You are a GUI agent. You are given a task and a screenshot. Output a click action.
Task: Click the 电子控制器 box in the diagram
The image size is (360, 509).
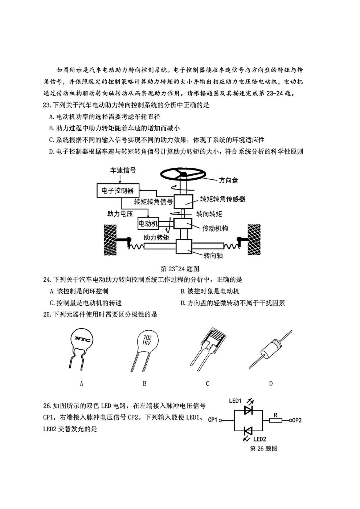pyautogui.click(x=118, y=190)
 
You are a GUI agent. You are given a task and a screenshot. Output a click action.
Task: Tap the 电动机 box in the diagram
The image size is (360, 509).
pyautogui.click(x=148, y=224)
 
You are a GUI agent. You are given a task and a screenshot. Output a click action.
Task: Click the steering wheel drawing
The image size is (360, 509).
pyautogui.click(x=183, y=175)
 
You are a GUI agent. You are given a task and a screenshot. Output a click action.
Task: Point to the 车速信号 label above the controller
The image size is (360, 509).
pyautogui.click(x=123, y=170)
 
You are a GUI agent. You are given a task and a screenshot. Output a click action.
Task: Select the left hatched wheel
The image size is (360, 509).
pyautogui.click(x=110, y=240)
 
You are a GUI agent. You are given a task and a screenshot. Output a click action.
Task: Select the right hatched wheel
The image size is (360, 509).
pyautogui.click(x=254, y=240)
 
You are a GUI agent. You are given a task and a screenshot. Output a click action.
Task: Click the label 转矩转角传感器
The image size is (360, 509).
pyautogui.click(x=222, y=199)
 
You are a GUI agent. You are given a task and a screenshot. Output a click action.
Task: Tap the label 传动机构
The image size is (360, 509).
pyautogui.click(x=215, y=228)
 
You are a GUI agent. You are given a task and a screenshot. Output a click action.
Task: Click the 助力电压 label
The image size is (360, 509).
pyautogui.click(x=120, y=214)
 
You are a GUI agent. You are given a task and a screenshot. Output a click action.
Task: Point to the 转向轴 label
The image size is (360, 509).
pyautogui.click(x=213, y=256)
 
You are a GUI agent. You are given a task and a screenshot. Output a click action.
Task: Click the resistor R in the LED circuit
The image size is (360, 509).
pyautogui.click(x=275, y=420)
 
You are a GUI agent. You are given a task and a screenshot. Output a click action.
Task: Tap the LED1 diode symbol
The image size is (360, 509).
pyautogui.click(x=248, y=410)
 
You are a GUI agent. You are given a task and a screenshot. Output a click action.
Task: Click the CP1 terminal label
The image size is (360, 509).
pyautogui.click(x=213, y=420)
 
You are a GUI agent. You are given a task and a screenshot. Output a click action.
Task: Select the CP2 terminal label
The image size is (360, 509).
pyautogui.click(x=296, y=420)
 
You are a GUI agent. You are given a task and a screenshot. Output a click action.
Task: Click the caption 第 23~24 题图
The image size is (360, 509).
pyautogui.click(x=180, y=269)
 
